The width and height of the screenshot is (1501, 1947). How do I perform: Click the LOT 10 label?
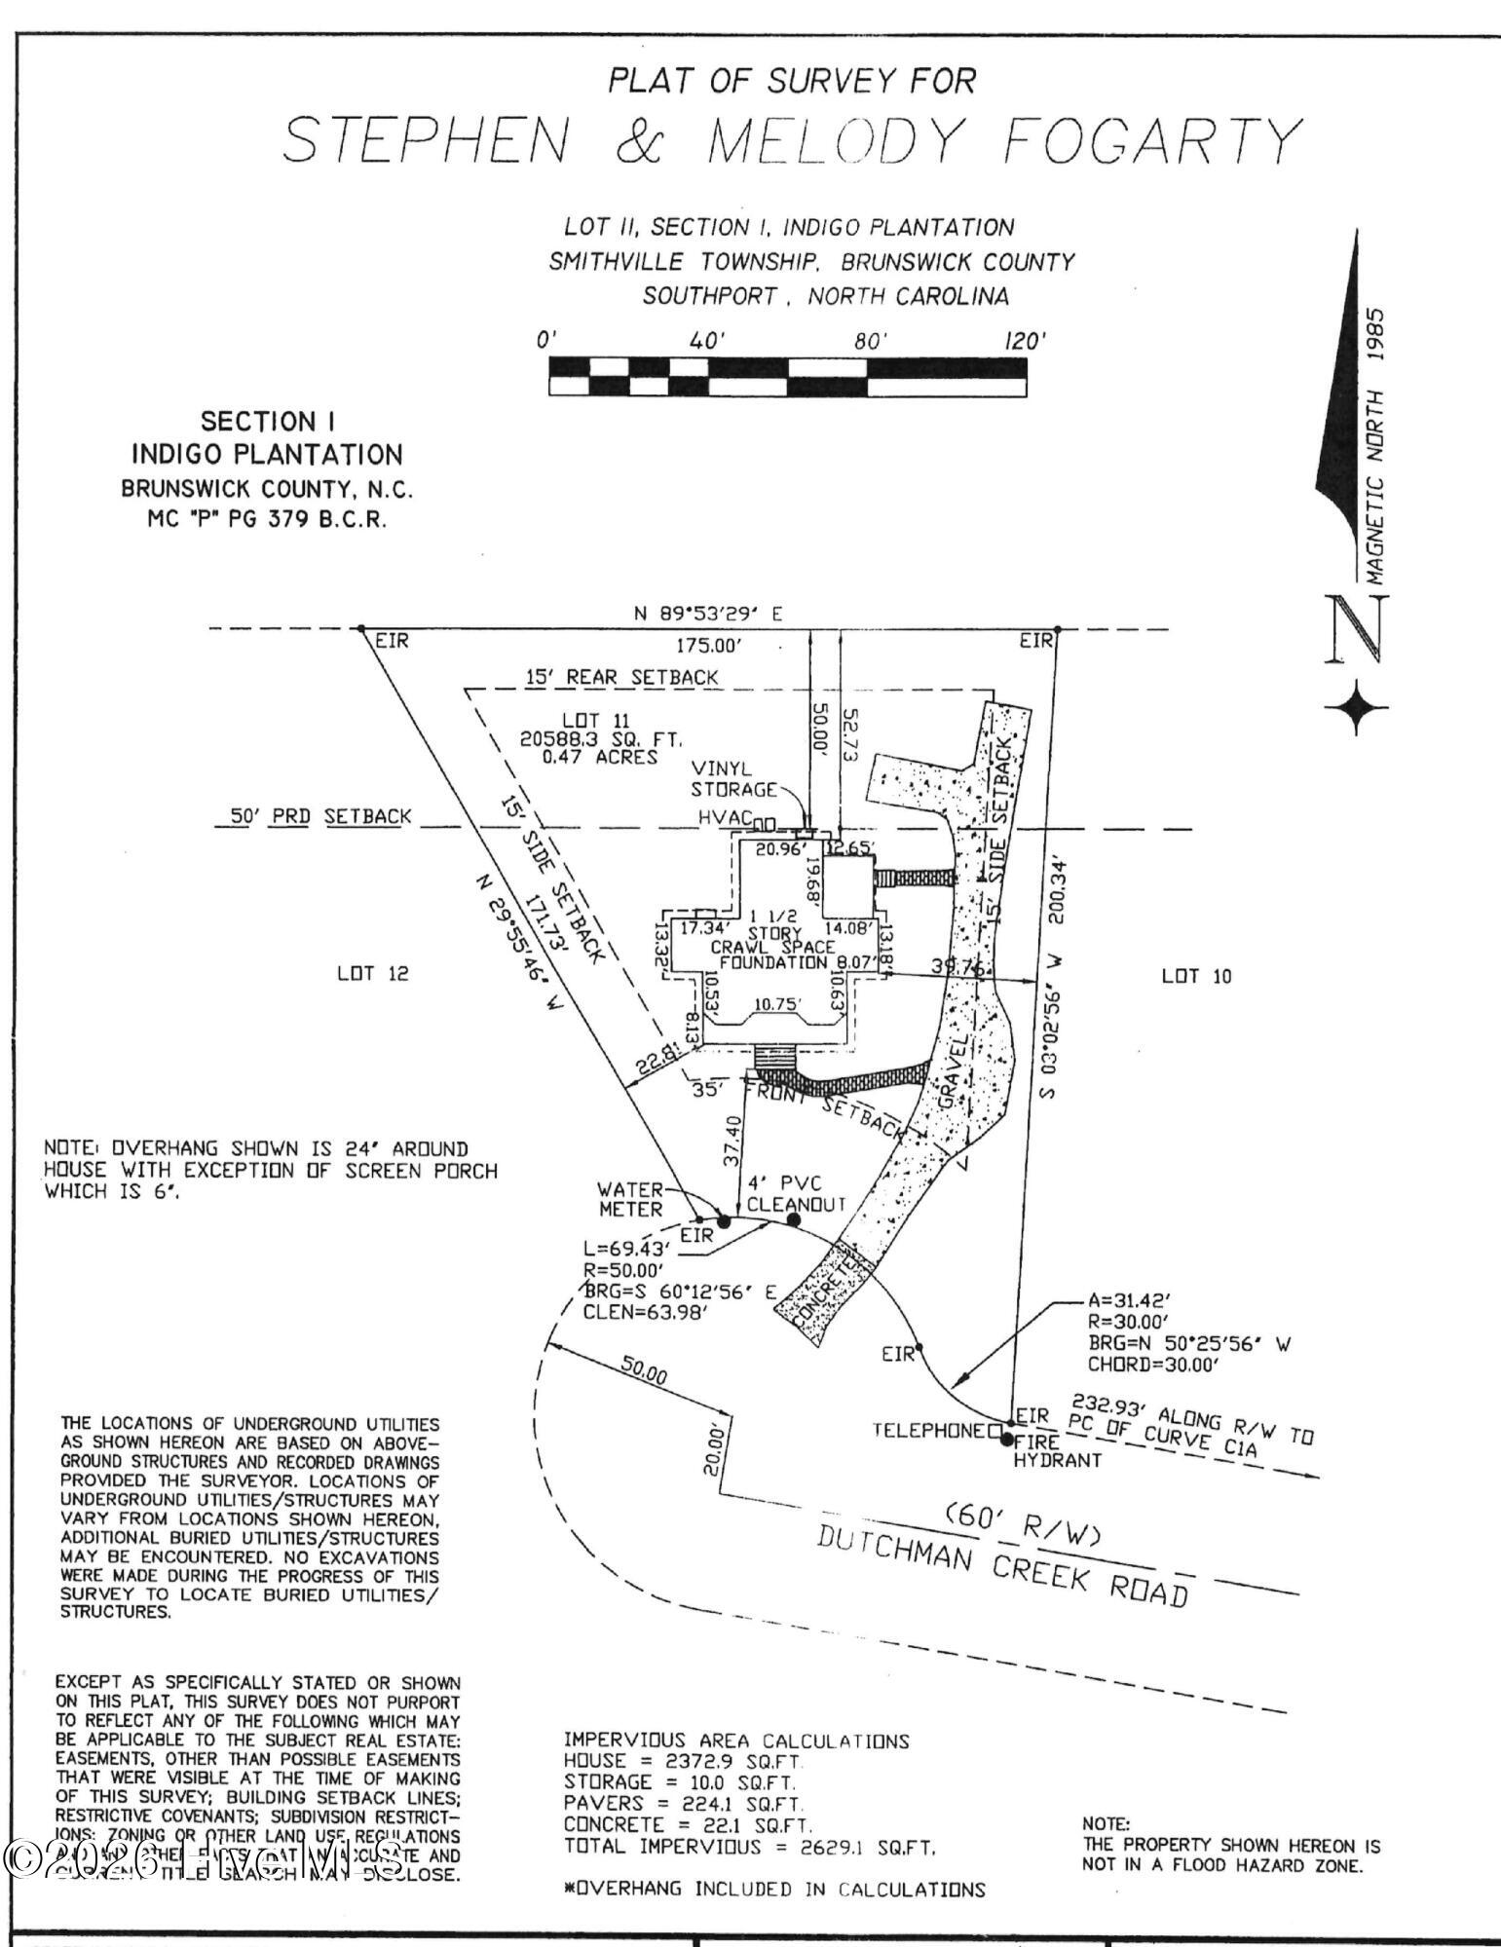point(1196,976)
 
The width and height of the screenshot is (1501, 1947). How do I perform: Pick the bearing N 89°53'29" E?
point(708,615)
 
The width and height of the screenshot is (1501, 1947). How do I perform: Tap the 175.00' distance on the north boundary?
point(709,646)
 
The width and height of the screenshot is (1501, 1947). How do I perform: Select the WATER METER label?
point(630,1199)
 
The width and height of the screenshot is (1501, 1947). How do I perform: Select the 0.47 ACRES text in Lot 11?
point(589,756)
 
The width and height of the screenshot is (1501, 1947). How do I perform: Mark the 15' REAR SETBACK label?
point(621,677)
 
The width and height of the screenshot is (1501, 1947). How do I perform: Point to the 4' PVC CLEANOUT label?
point(796,1193)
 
